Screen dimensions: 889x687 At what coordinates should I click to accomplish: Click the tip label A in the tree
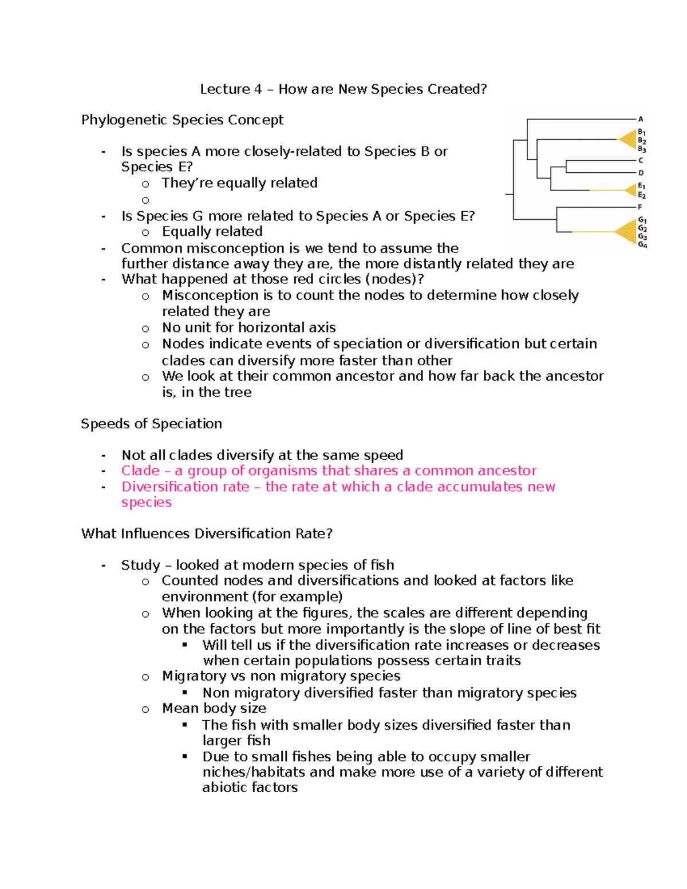tap(641, 119)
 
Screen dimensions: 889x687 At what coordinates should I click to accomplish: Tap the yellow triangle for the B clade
tap(629, 139)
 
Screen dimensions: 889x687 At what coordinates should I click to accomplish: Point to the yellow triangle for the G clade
tap(627, 231)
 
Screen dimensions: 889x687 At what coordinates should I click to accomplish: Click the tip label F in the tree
tap(640, 207)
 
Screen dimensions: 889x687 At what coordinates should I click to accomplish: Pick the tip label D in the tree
tap(641, 172)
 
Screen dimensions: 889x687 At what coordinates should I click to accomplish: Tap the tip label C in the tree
tap(641, 160)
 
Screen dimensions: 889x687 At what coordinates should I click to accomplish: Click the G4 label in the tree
tap(642, 245)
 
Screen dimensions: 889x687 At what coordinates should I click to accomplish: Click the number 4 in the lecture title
tap(258, 89)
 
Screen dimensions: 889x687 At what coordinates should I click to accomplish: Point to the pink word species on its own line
tap(146, 502)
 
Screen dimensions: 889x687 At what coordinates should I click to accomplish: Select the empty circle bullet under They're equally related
tap(145, 200)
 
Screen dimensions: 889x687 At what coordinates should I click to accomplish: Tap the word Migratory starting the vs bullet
tap(194, 676)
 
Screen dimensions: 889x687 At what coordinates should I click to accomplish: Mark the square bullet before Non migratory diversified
tap(185, 693)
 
